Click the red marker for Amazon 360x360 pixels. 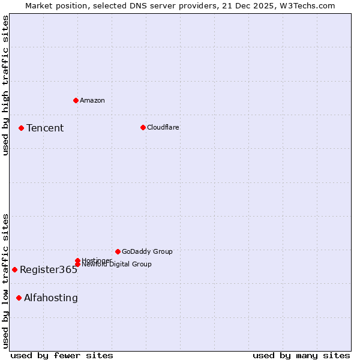[x=76, y=100]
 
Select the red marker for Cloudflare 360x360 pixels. [x=143, y=127]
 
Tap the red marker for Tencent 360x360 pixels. [x=21, y=128]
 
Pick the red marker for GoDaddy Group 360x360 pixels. [x=118, y=251]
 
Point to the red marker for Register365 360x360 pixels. [x=14, y=269]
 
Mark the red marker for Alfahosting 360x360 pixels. [x=19, y=298]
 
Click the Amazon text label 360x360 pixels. [x=92, y=100]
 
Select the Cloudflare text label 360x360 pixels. [x=163, y=127]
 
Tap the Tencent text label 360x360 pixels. [x=45, y=128]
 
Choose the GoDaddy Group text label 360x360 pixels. [x=147, y=251]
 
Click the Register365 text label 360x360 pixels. [x=49, y=270]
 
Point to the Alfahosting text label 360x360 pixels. [x=51, y=298]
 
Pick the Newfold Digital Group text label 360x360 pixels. [x=116, y=264]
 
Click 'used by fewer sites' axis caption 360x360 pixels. [x=62, y=355]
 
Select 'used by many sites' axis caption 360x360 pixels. [x=301, y=355]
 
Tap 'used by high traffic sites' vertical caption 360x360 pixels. [x=5, y=86]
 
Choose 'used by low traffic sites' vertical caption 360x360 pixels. [x=5, y=281]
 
